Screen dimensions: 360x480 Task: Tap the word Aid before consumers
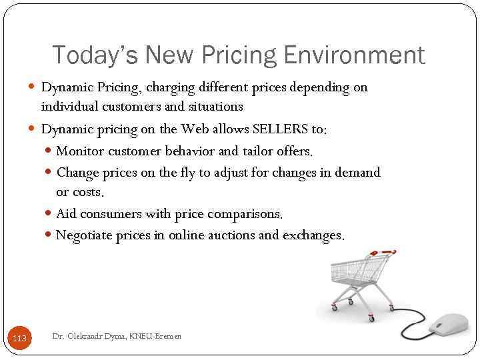coord(65,214)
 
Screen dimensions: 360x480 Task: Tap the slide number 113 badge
coord(20,339)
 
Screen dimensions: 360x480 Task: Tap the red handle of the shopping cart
coord(387,253)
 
